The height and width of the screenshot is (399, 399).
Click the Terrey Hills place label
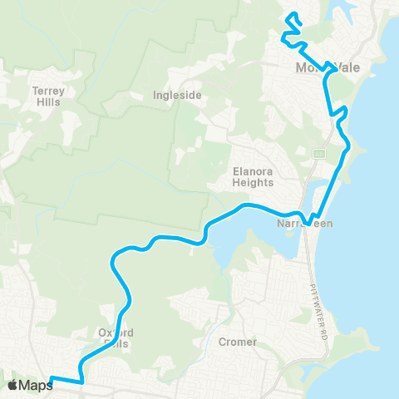click(x=47, y=95)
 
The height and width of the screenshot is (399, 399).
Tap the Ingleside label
click(x=177, y=95)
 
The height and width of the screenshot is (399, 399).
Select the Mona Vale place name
click(x=328, y=68)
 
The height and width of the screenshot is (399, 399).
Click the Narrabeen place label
click(x=305, y=223)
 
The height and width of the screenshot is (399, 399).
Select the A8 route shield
click(x=318, y=154)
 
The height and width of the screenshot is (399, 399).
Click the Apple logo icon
click(x=12, y=384)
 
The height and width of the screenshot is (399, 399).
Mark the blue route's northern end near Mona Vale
click(x=288, y=16)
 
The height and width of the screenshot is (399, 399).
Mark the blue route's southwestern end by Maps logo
click(x=52, y=379)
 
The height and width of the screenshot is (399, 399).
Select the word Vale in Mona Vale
click(x=347, y=68)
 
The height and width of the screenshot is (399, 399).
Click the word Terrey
click(x=47, y=90)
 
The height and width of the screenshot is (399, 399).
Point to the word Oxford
click(x=116, y=333)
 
